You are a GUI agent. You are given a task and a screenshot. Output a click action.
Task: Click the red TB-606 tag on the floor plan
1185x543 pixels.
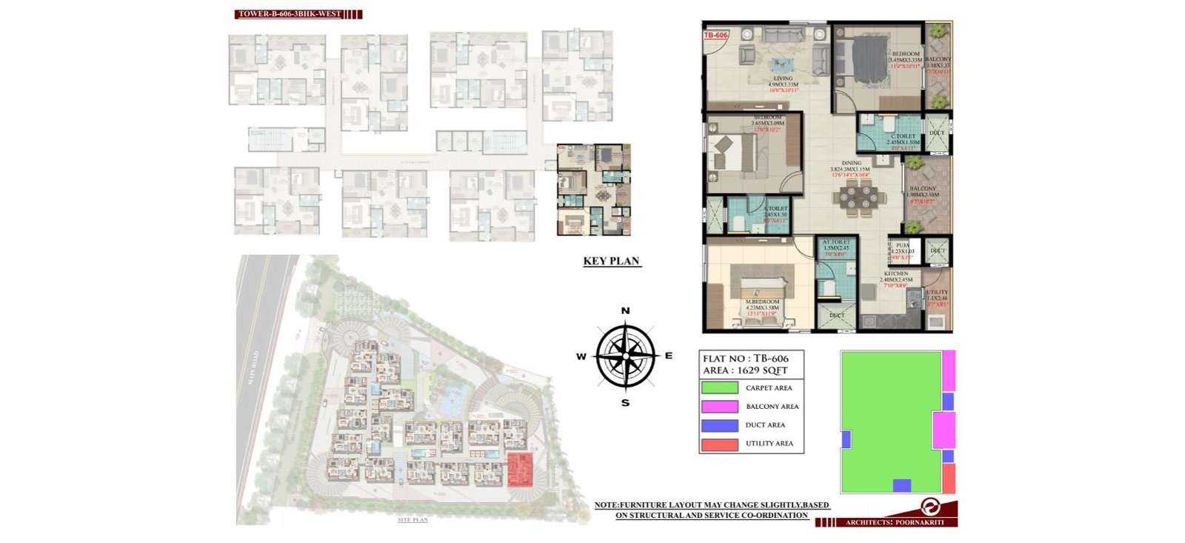tap(715, 35)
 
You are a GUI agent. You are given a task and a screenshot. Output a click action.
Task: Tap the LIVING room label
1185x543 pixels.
tap(783, 79)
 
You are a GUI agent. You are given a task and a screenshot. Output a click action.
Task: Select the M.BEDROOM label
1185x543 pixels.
tap(762, 302)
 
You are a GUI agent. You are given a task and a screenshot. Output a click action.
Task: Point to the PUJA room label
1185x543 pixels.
tap(902, 245)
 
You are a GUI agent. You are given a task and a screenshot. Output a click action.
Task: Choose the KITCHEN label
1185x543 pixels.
tap(895, 274)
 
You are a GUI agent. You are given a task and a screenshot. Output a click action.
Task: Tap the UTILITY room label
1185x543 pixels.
tap(936, 293)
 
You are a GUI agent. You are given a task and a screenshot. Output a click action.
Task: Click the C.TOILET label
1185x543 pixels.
tap(903, 136)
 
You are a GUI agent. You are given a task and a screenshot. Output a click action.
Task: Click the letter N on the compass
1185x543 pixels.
tap(625, 311)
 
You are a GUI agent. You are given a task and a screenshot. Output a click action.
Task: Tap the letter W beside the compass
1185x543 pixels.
tap(581, 357)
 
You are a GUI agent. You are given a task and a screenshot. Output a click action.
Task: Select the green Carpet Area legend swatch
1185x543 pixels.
tap(719, 387)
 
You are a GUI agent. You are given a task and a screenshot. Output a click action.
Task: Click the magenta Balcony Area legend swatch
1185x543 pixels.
tap(719, 406)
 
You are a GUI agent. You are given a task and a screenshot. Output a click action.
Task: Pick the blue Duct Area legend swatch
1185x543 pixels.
tap(719, 425)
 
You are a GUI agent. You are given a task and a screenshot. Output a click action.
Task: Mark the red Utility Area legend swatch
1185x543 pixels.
tap(719, 444)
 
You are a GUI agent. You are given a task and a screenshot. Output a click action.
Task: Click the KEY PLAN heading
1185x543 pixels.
tap(611, 261)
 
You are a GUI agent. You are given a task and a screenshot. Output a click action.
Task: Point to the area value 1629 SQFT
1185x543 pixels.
tap(763, 370)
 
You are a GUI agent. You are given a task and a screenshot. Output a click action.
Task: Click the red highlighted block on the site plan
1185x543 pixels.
tap(520, 470)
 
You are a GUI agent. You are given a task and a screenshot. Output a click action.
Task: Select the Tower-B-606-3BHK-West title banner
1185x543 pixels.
tap(290, 14)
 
